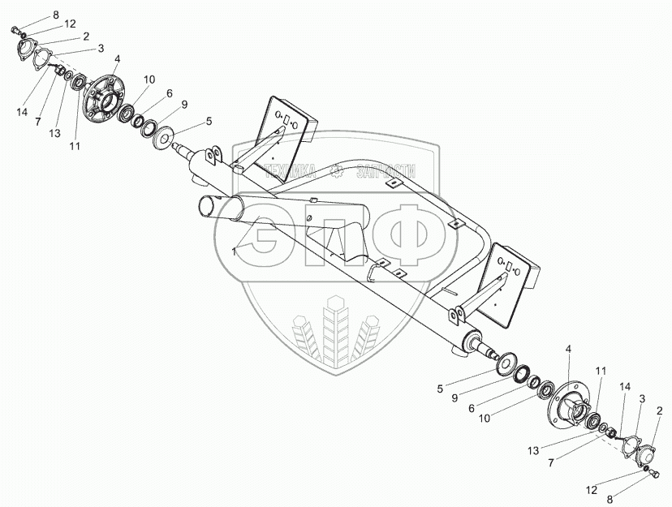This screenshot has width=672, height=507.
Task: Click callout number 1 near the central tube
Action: (x=233, y=252)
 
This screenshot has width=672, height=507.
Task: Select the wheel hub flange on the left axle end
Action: (x=104, y=98)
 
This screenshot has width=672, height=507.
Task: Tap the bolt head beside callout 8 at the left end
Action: (x=17, y=30)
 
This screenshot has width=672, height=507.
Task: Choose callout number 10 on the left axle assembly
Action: (x=149, y=79)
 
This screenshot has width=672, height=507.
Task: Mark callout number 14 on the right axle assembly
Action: (x=624, y=389)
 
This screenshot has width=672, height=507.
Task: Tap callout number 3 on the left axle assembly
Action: (x=100, y=49)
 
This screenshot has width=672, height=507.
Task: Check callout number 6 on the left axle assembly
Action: (x=169, y=93)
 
